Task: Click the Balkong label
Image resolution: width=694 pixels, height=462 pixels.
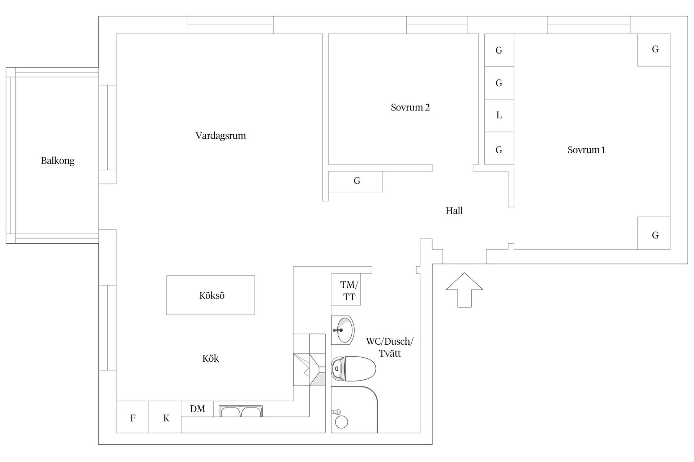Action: [x=57, y=161]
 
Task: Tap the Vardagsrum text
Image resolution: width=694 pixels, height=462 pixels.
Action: [x=220, y=136]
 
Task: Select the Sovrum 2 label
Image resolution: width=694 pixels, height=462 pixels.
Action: [x=410, y=107]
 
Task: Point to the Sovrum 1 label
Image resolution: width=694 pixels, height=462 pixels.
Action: [x=586, y=150]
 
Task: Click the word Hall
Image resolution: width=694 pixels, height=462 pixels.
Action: [x=454, y=211]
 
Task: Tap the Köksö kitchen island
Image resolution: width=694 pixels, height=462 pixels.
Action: [x=211, y=295]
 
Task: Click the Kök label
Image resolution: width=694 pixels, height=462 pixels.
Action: [x=210, y=358]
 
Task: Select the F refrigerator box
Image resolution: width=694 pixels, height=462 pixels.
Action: [x=132, y=417]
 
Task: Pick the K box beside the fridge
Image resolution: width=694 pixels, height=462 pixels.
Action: [x=166, y=417]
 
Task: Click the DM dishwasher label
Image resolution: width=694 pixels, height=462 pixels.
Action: [x=197, y=409]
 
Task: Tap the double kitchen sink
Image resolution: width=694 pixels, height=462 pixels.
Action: [x=241, y=411]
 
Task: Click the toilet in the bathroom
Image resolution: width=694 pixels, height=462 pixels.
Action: [x=354, y=369]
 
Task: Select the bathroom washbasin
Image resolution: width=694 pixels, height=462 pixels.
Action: [x=343, y=330]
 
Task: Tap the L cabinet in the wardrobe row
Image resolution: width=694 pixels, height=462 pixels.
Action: [x=499, y=115]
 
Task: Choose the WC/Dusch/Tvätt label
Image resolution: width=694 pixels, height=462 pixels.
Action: [x=389, y=347]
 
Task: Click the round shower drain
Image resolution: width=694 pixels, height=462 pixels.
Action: [x=341, y=422]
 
